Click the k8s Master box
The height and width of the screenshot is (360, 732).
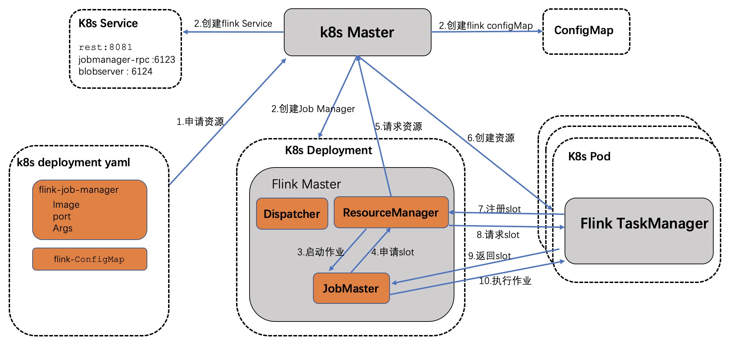[357, 32]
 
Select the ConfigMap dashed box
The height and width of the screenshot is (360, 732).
[586, 31]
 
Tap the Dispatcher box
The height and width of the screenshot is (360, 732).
[292, 214]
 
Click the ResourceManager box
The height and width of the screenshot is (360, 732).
[391, 212]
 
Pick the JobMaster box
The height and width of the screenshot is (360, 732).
[351, 288]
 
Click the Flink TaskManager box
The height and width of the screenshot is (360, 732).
[639, 231]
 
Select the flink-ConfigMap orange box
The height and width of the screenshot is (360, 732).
[89, 259]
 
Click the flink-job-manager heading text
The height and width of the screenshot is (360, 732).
[79, 190]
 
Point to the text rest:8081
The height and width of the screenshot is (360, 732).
[105, 47]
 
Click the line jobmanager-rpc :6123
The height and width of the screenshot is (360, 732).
[127, 60]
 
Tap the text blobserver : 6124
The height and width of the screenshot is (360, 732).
[115, 71]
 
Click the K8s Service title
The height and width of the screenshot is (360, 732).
[108, 23]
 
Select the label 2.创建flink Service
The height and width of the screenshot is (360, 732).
[233, 24]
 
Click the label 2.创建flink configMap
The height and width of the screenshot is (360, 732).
[486, 25]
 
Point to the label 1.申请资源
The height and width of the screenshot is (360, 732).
[200, 121]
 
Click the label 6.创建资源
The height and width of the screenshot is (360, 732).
[491, 138]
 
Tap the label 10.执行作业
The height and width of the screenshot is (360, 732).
[505, 281]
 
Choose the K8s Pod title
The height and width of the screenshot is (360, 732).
[589, 156]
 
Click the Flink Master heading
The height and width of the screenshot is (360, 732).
[306, 184]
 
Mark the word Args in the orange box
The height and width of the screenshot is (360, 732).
[63, 228]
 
